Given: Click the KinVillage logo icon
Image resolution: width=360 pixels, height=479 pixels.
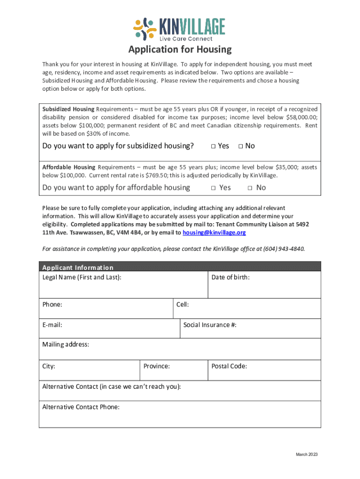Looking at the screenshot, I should [144, 29].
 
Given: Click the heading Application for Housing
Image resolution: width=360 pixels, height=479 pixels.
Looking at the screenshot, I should [180, 50].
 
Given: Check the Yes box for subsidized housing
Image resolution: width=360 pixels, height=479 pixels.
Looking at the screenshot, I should [213, 146].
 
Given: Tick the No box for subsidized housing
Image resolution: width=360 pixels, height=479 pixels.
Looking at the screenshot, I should [240, 146].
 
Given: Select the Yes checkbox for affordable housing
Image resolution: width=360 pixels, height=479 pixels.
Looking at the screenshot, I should [213, 188].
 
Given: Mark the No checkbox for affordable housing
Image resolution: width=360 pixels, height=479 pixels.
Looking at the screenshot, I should [250, 188].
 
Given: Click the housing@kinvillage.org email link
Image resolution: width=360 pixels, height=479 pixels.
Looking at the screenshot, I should [214, 232].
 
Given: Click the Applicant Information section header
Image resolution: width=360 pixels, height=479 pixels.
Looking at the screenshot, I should [78, 268].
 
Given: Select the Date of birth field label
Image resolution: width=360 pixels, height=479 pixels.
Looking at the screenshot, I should [230, 277].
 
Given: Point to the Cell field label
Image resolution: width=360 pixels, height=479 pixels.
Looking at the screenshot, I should [182, 305].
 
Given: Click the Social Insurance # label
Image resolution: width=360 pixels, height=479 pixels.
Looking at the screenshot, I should [209, 325].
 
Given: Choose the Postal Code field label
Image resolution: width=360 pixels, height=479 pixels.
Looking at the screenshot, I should [229, 366].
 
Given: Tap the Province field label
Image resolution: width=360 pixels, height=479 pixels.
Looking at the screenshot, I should [157, 366].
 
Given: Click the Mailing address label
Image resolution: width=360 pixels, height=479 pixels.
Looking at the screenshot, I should [65, 345].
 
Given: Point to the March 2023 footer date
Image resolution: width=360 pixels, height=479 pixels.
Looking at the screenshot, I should [307, 455].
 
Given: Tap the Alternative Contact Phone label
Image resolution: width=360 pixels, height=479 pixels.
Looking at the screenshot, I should [81, 407].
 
